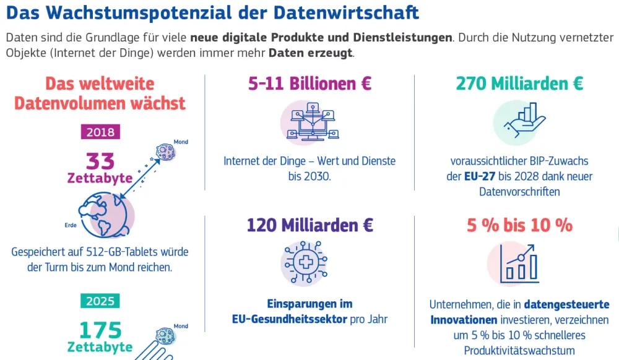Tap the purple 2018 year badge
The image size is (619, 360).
100,132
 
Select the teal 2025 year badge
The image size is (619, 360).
100,301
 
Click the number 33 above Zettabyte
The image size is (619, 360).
100,161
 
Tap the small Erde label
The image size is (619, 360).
71,225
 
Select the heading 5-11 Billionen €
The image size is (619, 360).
309,84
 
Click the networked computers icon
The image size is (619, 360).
309,121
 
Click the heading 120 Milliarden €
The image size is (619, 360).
309,225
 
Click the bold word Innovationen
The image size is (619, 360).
464,320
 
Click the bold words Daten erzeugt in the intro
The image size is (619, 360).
310,53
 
